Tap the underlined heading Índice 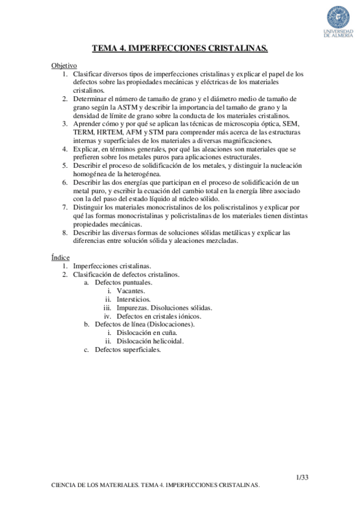coord(60,257)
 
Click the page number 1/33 coord(302,478)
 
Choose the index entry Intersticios coord(134,299)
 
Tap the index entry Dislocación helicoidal coord(150,341)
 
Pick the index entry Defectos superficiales coord(127,349)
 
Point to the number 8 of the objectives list coord(64,232)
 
